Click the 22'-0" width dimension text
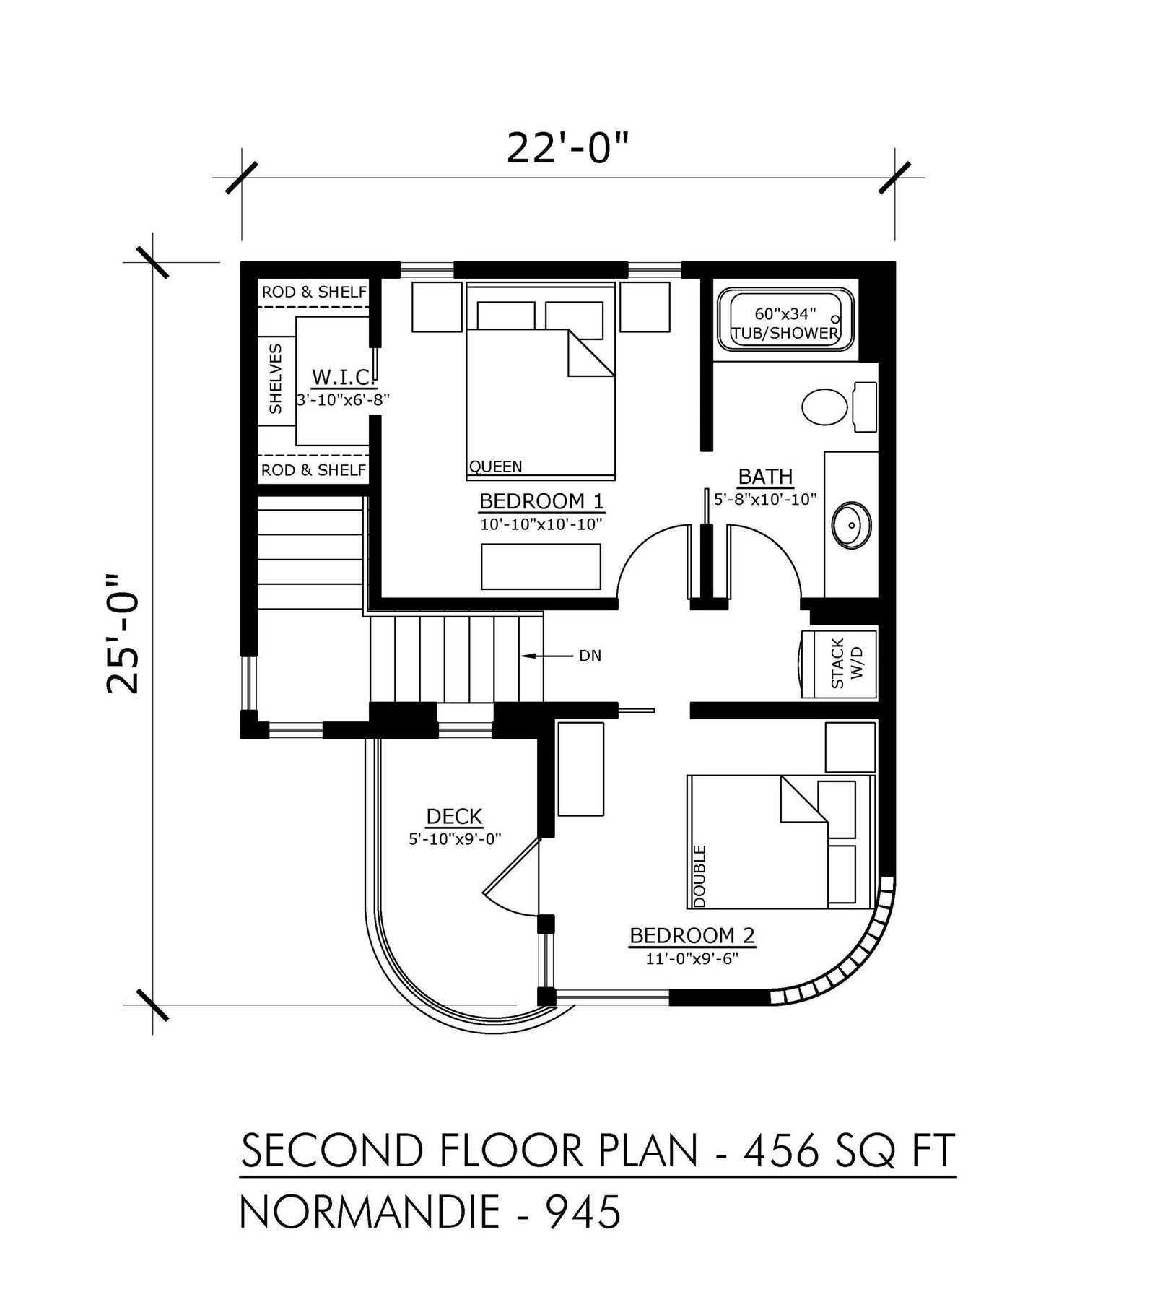coord(568,149)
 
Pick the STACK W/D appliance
coord(840,664)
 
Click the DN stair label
coord(590,656)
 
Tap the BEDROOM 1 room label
coord(541,500)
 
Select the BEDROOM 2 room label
coord(692,936)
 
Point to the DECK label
coord(454,817)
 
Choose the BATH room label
coord(765,477)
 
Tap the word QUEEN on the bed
coord(495,467)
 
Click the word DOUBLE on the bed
coord(699,876)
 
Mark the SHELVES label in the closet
coord(275,378)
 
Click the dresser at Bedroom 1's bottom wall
coord(541,566)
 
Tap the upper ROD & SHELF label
coord(314,292)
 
